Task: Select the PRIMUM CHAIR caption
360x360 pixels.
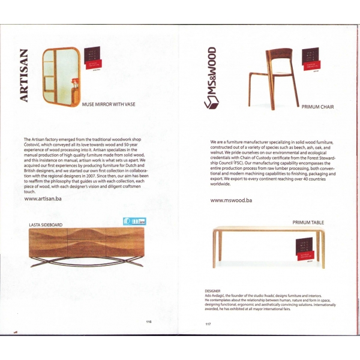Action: [317, 107]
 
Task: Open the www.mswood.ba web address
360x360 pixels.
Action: [232, 200]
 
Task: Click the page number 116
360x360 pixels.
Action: [149, 322]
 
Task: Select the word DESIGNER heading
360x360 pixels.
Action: [213, 290]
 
